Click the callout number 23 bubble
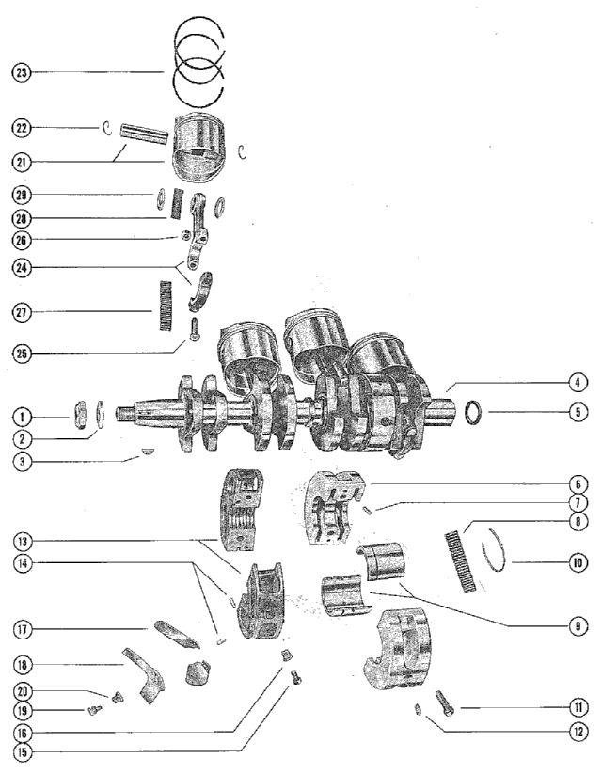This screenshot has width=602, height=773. [22, 71]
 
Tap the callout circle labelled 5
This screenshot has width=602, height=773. [578, 411]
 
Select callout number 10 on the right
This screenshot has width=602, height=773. [578, 564]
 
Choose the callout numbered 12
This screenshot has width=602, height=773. [578, 730]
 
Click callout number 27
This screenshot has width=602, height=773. [22, 311]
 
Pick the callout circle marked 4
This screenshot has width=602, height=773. [578, 383]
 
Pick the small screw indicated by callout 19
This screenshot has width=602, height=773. [95, 711]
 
